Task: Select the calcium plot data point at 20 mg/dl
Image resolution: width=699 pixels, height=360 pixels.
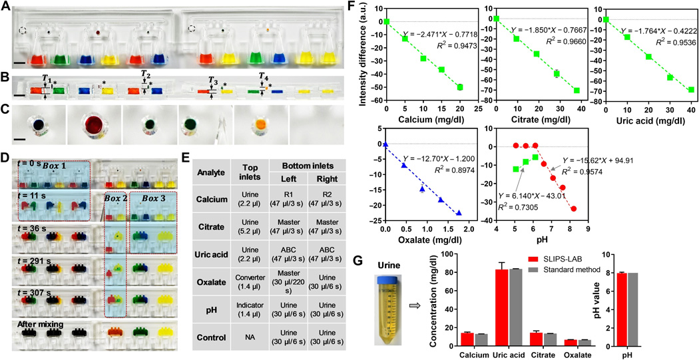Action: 460,87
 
